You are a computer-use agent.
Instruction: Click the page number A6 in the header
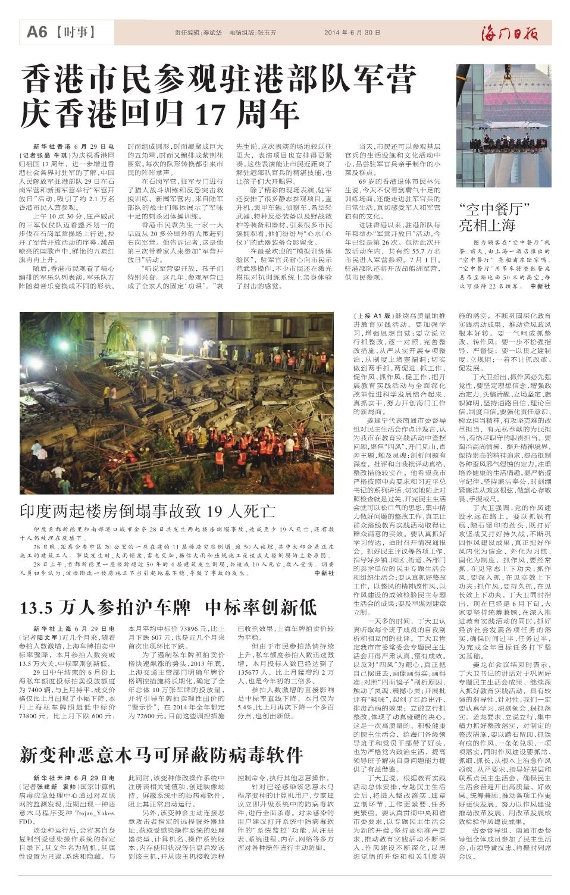pos(37,32)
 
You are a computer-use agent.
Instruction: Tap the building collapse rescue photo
pos(177,403)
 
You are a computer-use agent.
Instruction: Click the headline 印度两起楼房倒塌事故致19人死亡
pos(148,511)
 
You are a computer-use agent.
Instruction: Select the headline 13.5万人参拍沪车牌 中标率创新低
pos(168,608)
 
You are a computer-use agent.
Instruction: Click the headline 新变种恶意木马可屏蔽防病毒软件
pos(161,753)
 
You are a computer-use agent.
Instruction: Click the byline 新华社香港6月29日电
pos(73,146)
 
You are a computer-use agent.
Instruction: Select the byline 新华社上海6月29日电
pos(73,628)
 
